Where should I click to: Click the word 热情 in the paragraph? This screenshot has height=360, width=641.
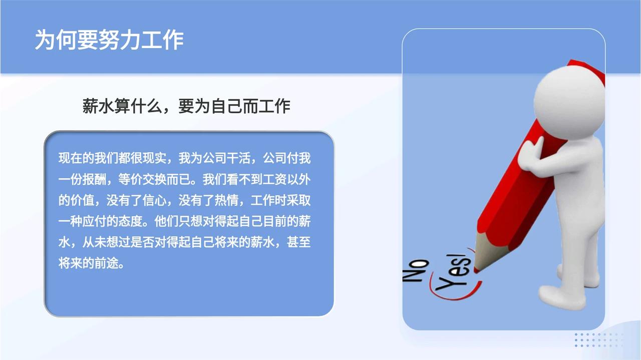[226, 200]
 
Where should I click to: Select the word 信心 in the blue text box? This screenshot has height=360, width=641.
[154, 200]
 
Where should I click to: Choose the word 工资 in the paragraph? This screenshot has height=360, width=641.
[274, 179]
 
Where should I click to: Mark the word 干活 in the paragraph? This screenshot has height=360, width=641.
[238, 158]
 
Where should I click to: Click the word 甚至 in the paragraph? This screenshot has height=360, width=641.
[298, 242]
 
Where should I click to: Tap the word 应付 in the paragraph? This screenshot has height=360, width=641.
[94, 221]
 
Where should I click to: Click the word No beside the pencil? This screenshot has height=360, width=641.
[416, 271]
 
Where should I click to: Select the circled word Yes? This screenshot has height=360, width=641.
[454, 272]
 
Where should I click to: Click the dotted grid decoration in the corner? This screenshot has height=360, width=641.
[598, 340]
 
